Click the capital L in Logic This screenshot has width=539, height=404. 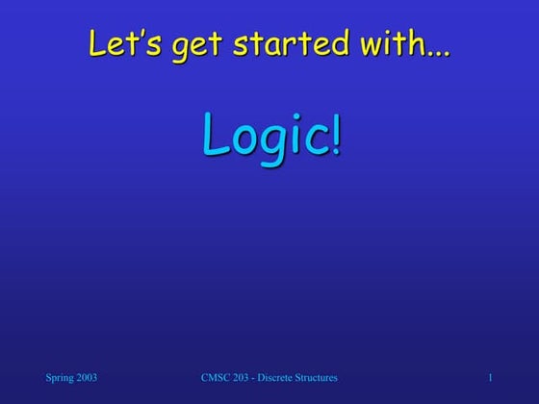coord(214,137)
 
